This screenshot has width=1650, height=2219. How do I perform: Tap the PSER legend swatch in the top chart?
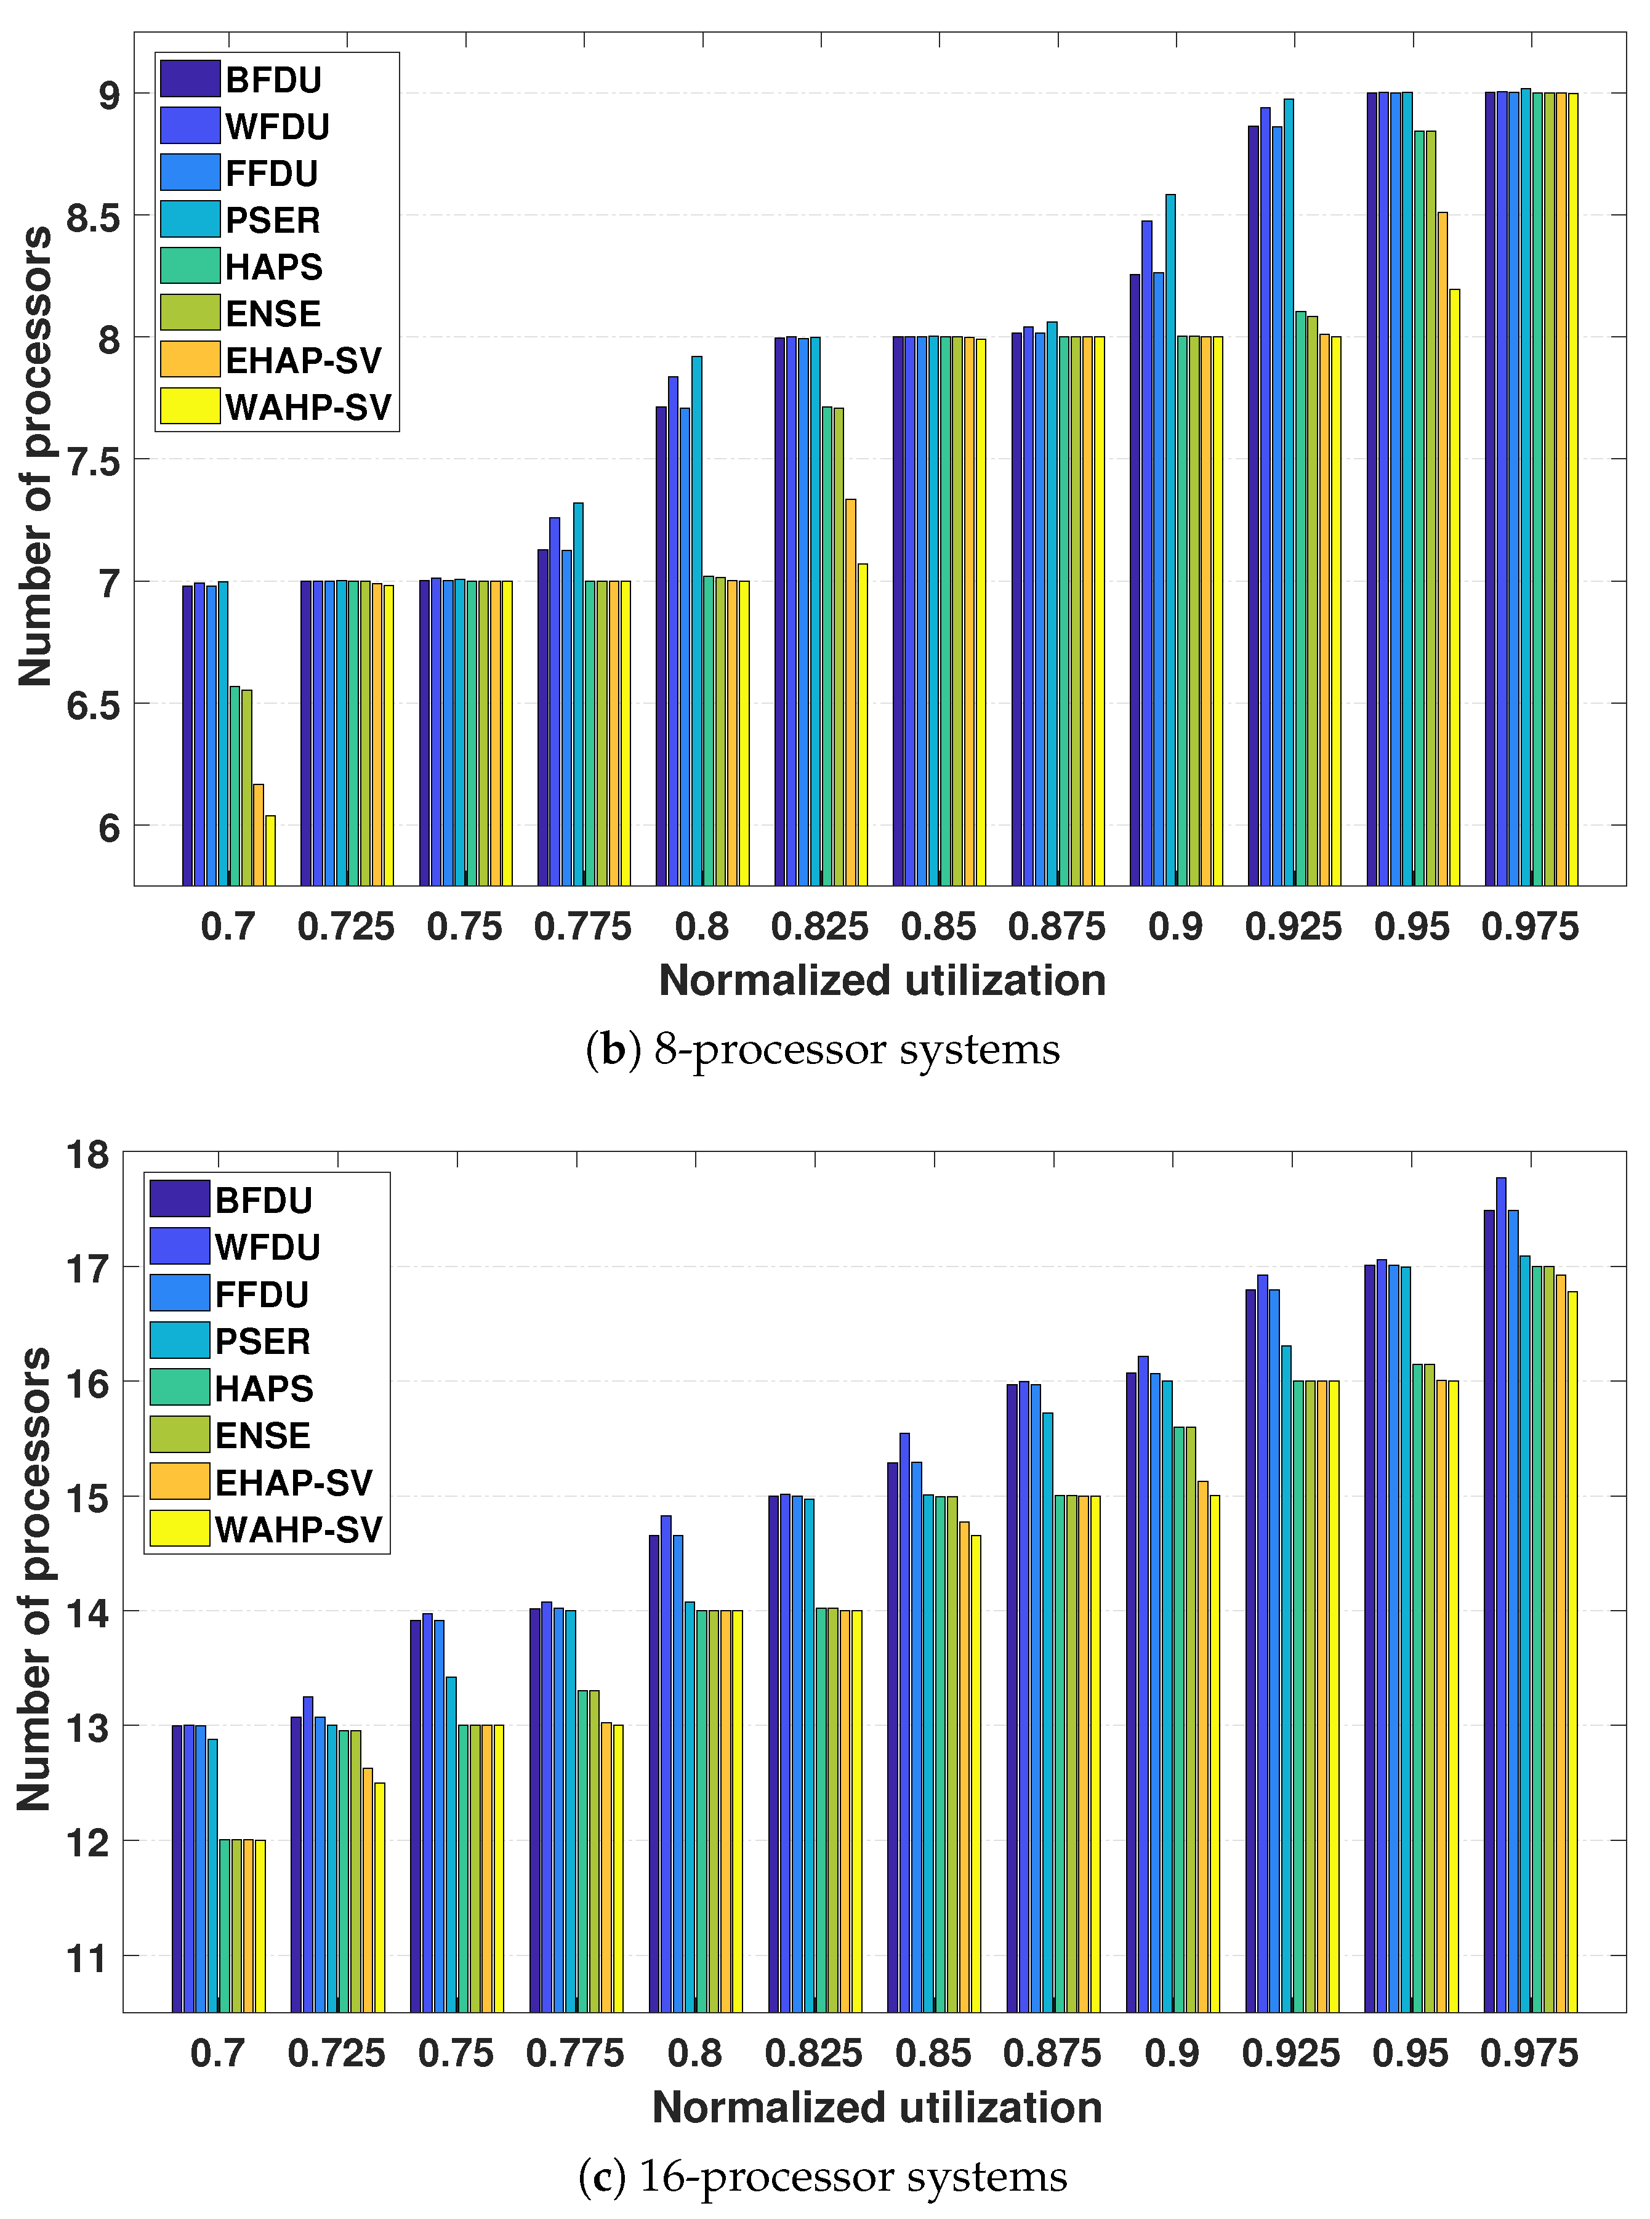(190, 220)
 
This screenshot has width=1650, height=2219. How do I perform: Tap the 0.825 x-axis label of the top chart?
(819, 927)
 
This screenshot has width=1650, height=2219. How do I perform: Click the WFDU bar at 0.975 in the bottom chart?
(1501, 1595)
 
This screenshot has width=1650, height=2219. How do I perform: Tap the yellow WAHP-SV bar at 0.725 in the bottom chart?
(379, 1898)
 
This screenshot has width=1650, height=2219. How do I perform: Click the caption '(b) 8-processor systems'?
(823, 1050)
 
